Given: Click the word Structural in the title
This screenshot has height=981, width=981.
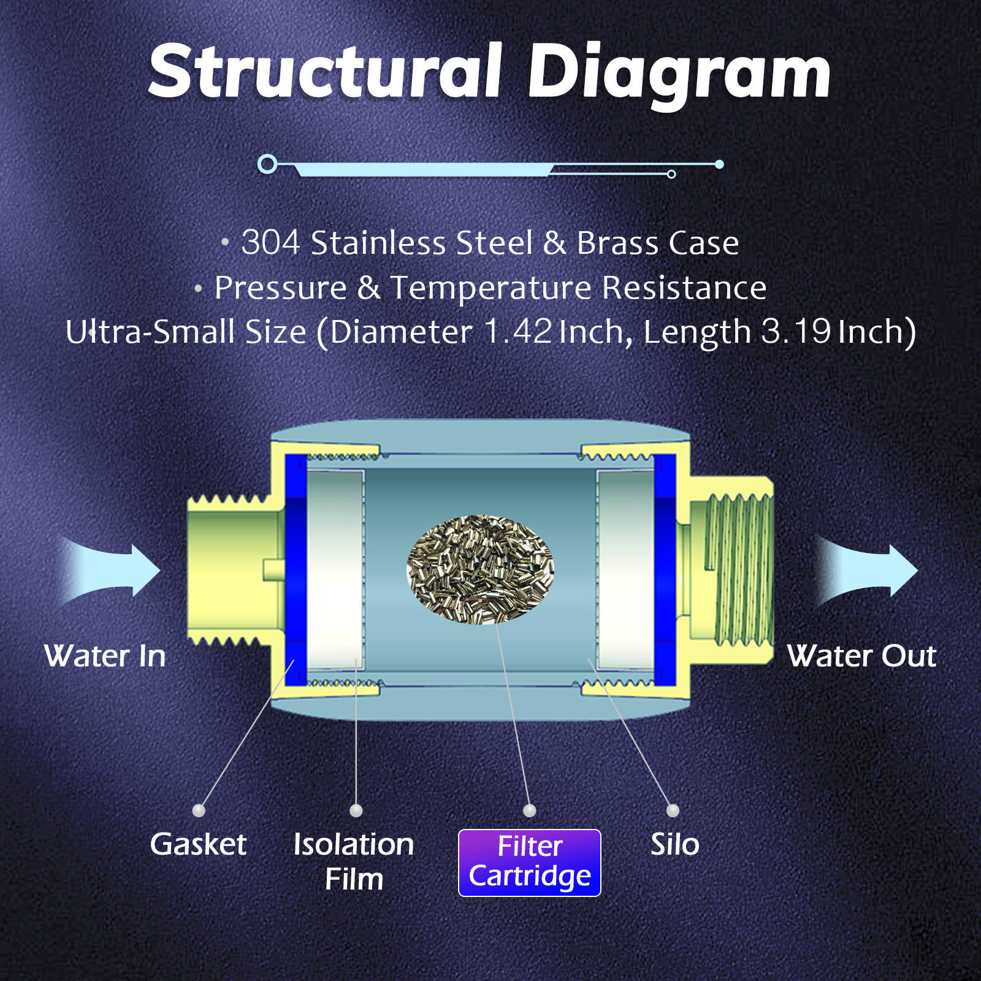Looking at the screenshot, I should [325, 72].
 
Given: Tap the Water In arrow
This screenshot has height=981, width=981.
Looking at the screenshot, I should [113, 570].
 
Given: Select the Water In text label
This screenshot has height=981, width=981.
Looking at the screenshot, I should [105, 656].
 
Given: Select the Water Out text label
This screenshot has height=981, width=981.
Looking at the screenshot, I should [861, 656].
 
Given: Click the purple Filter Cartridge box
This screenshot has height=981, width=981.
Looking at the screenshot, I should [530, 863].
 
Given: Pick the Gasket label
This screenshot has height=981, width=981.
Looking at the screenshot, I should [198, 844].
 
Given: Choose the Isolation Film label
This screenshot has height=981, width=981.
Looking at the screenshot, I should [354, 861].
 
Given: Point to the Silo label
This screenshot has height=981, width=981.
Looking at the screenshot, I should [674, 844].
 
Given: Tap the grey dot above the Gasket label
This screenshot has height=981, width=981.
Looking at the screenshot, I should [199, 811].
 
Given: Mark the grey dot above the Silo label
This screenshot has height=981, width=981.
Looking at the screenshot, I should [673, 811].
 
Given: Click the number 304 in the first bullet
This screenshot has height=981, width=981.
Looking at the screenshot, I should [270, 243].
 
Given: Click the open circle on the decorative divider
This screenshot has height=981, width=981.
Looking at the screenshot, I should [267, 164].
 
